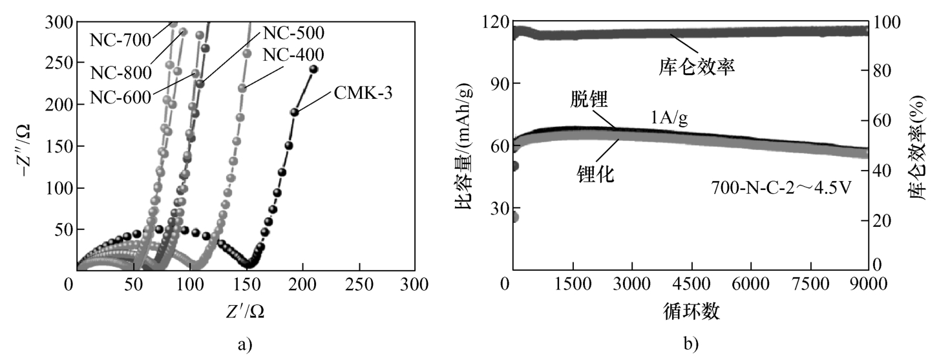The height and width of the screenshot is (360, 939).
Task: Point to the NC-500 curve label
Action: pos(293,31)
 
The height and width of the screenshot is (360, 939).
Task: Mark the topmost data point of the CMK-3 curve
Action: pos(313,69)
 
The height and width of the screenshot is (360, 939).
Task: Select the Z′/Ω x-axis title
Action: pos(245,311)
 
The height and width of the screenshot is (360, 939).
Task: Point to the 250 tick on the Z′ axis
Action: pos(357,284)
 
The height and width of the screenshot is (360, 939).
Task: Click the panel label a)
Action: pos(243,344)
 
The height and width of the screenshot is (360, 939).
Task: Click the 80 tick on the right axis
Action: pos(884,70)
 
